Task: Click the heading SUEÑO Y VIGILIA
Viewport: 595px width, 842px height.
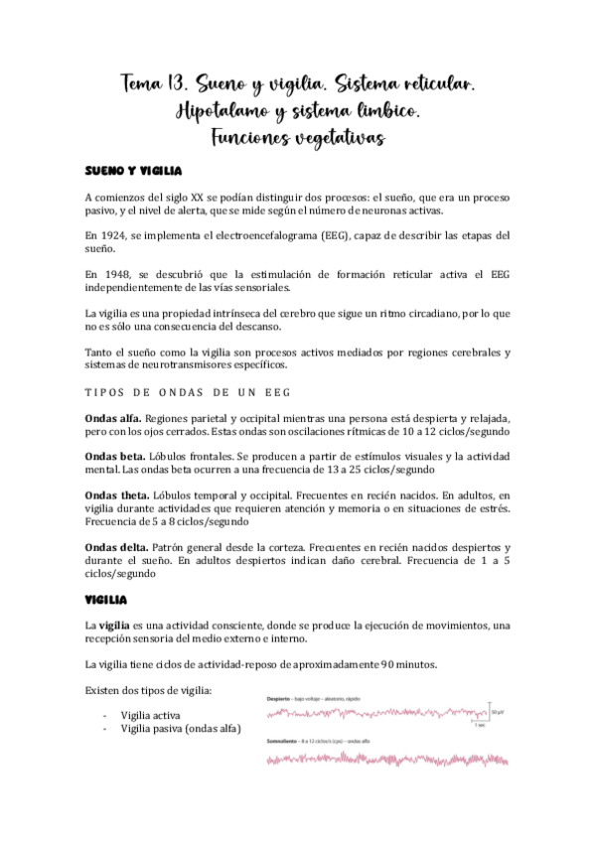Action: tap(128, 171)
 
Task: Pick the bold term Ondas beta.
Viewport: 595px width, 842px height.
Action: tap(112, 456)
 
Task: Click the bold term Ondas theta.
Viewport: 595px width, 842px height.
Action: tap(116, 494)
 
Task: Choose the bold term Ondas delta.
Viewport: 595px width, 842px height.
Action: tap(115, 547)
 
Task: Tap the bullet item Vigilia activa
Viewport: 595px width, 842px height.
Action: tap(151, 715)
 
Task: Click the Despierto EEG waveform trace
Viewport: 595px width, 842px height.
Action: tap(377, 712)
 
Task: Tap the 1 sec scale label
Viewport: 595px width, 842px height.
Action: tap(479, 725)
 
